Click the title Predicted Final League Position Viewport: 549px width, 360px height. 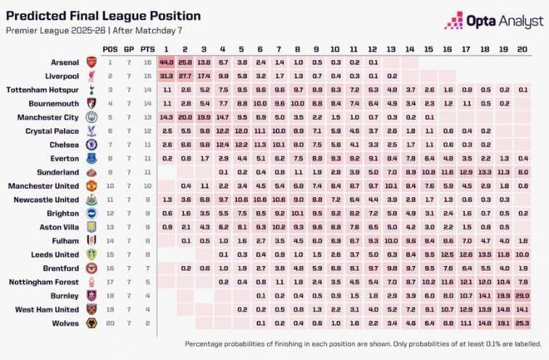pos(106,16)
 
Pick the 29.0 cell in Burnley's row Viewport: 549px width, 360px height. pos(522,295)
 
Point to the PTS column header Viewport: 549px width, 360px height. pos(147,49)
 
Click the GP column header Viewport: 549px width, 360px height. pos(129,49)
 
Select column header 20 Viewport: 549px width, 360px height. pos(522,49)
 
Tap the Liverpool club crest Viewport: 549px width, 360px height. pos(91,76)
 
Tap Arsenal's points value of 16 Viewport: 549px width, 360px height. pos(147,62)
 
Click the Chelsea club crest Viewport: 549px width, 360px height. pos(91,145)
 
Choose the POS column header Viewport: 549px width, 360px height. pos(111,49)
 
